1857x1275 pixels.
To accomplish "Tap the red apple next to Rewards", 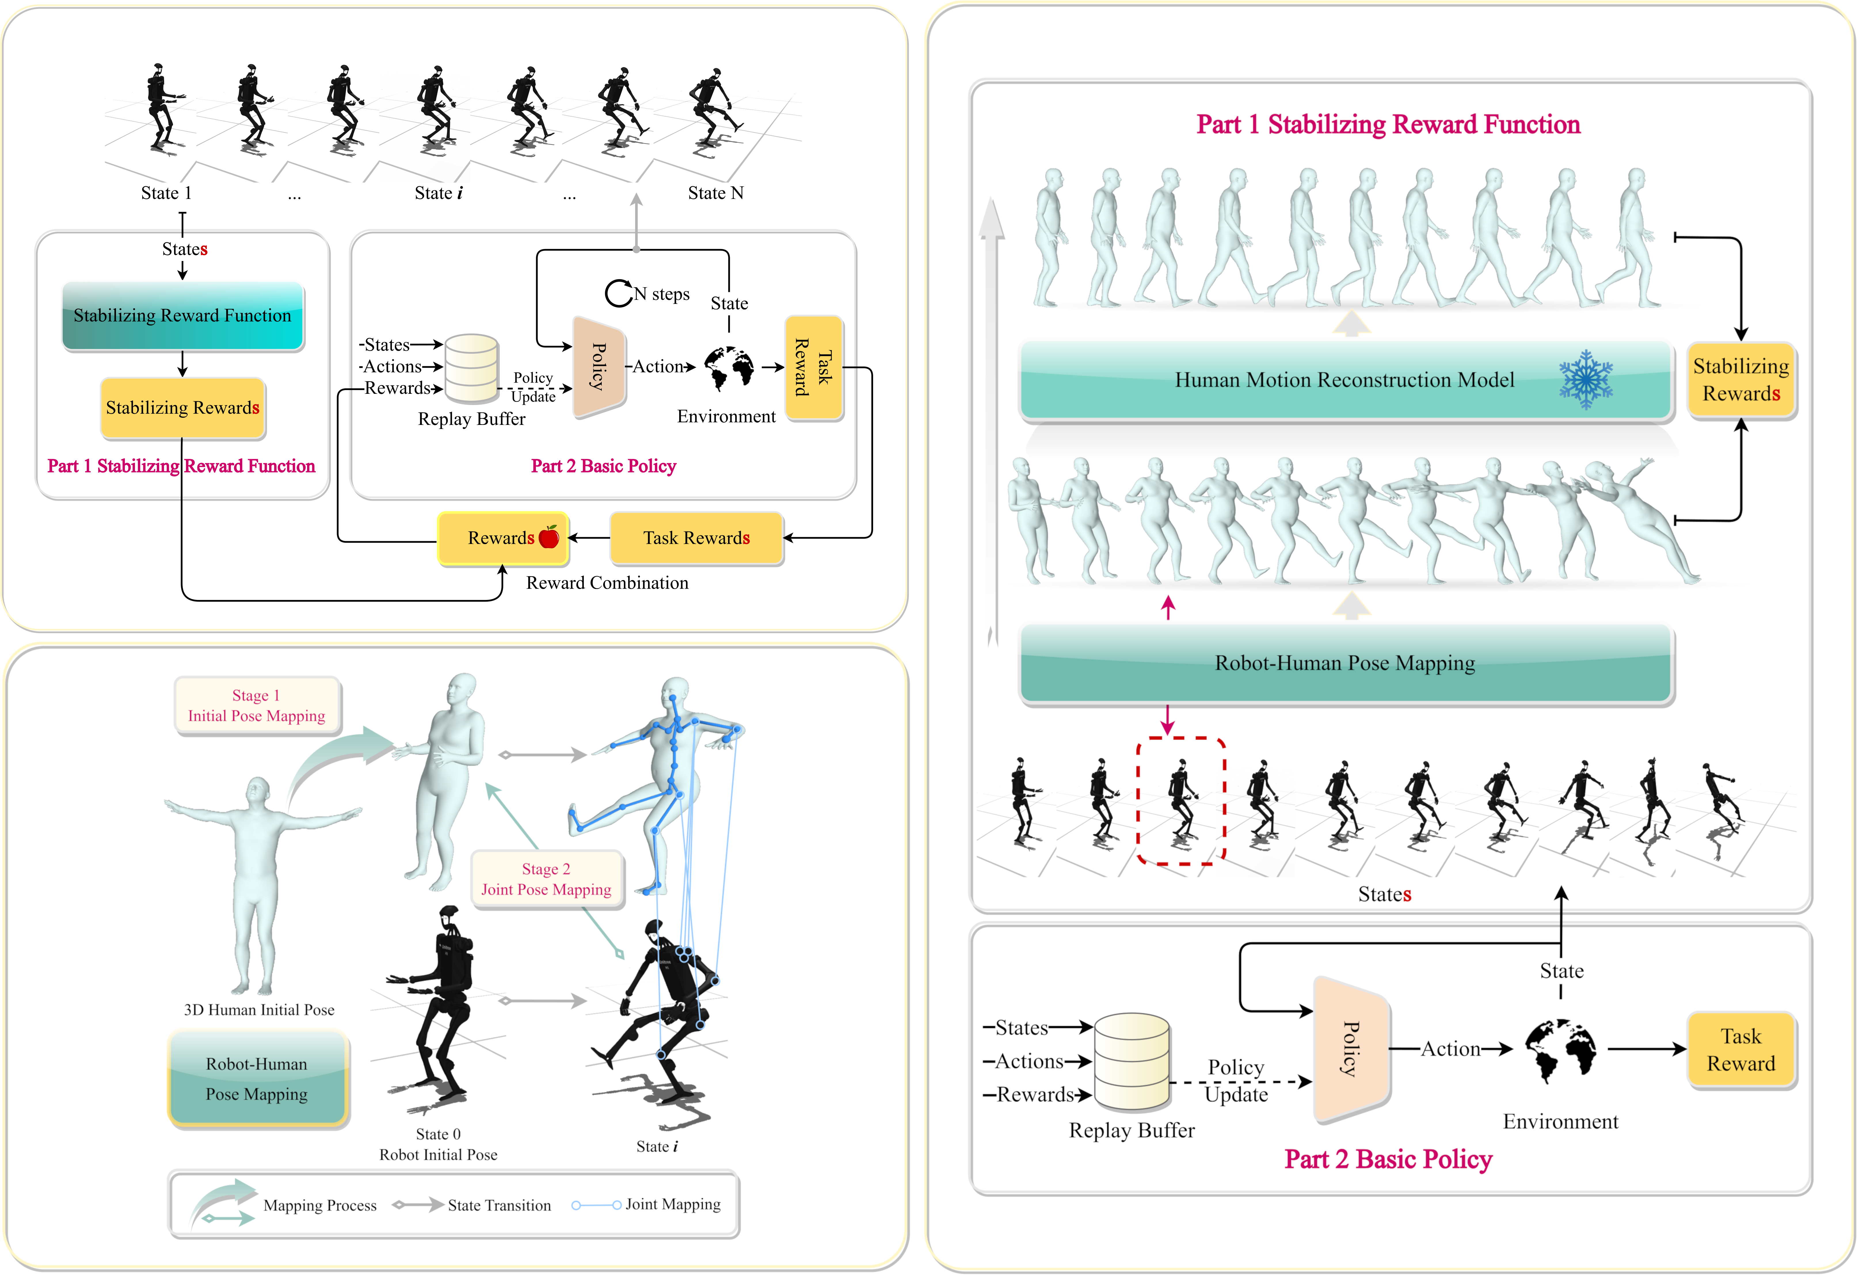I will click(x=549, y=537).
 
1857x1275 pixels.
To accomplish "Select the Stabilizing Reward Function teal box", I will click(x=183, y=316).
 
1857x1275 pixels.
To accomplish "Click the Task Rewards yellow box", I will click(x=696, y=538).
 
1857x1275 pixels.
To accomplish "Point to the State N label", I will click(x=715, y=193).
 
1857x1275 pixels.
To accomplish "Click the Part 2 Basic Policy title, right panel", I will click(x=1388, y=1159).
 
